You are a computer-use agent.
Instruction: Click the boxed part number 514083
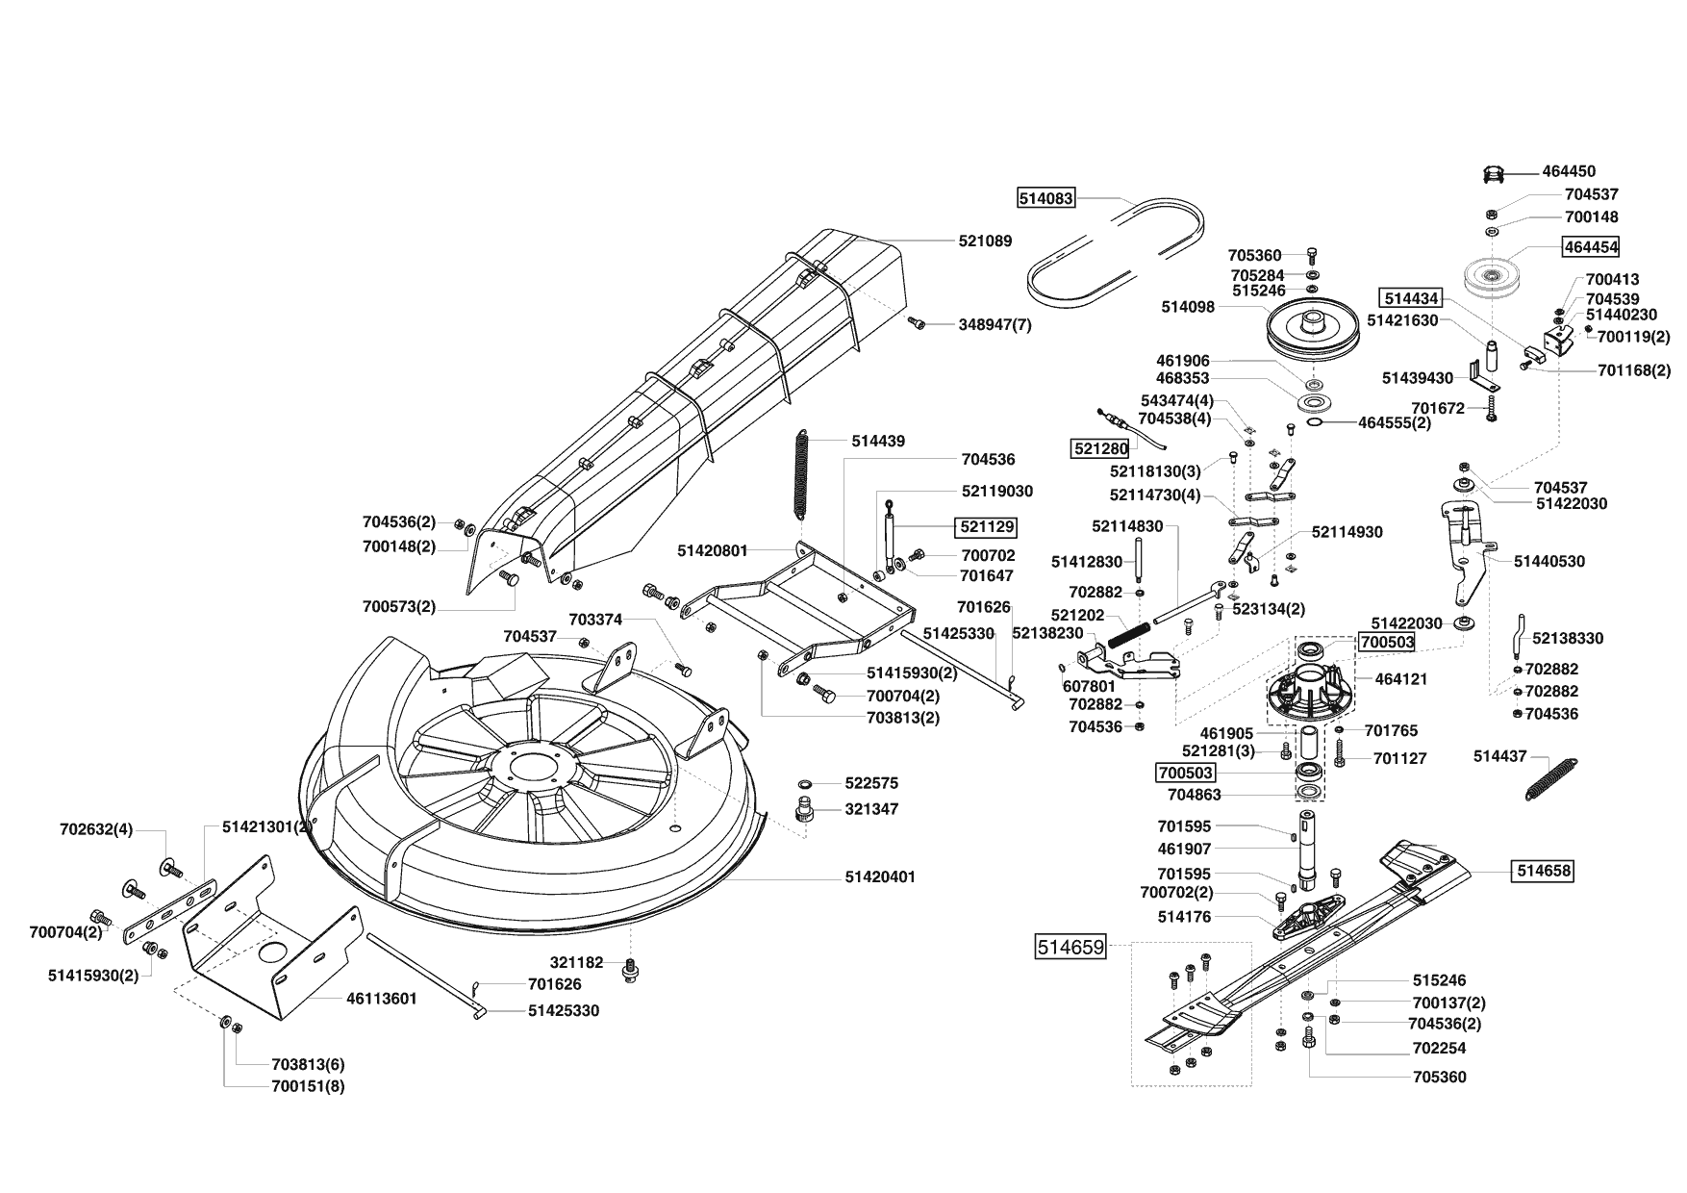click(1045, 199)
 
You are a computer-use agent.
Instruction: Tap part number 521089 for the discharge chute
click(985, 241)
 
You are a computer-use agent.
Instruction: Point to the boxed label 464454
click(1591, 246)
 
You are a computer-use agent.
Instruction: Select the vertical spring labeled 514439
click(803, 477)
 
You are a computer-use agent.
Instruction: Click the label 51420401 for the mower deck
click(880, 877)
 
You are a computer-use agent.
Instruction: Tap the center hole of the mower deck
click(529, 767)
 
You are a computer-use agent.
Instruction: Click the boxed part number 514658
click(1544, 871)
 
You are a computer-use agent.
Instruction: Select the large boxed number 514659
click(1070, 947)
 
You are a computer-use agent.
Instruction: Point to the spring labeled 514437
click(1551, 776)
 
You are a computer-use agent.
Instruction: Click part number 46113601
click(381, 999)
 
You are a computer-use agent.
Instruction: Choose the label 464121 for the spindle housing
click(1401, 679)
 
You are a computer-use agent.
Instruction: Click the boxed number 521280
click(1100, 448)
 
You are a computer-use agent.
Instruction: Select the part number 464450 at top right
click(1569, 171)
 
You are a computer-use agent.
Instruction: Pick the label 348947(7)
click(995, 325)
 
